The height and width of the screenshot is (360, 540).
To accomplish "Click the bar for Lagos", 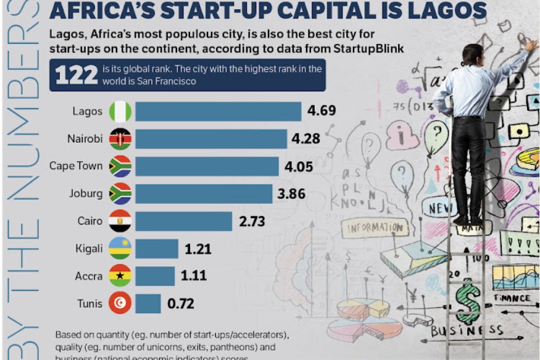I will click(x=218, y=112).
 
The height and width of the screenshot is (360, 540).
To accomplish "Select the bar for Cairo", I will click(x=183, y=221).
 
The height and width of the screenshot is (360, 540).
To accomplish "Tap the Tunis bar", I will click(x=147, y=303).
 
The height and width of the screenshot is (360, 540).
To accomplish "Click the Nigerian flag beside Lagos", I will click(x=120, y=112).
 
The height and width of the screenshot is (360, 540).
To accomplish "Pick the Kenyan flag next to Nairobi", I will click(x=120, y=139).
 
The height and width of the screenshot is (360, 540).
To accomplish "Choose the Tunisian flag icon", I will click(x=120, y=303).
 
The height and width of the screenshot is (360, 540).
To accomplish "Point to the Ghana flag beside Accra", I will click(x=120, y=276).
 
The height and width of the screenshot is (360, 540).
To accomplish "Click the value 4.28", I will click(x=306, y=139).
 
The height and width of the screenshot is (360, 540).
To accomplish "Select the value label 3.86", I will click(x=291, y=194).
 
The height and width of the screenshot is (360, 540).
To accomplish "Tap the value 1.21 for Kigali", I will click(x=197, y=249).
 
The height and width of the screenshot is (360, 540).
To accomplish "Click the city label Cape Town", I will click(x=76, y=166).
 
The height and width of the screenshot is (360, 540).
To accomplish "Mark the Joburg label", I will click(x=86, y=194).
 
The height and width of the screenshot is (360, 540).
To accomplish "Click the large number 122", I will click(x=77, y=75).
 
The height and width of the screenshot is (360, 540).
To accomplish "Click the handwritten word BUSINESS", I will click(x=467, y=331).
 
